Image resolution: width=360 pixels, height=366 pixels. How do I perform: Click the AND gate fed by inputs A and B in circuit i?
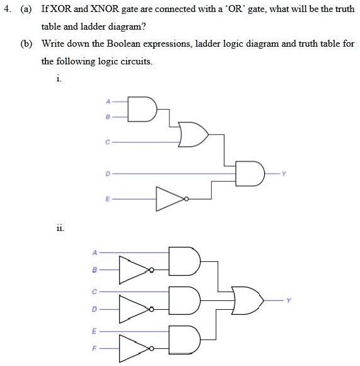[x=142, y=108]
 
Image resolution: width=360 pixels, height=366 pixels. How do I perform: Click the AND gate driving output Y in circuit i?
[x=248, y=174]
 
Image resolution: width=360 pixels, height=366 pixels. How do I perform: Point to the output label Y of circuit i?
[x=284, y=174]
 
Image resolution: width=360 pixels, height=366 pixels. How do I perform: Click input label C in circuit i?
[x=108, y=143]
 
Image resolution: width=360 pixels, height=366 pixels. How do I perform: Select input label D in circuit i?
[x=108, y=172]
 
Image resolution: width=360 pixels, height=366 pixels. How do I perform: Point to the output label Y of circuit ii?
[x=289, y=300]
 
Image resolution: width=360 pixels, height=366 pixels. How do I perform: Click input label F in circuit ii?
[x=96, y=348]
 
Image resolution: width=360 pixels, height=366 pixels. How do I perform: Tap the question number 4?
[x=7, y=11]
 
